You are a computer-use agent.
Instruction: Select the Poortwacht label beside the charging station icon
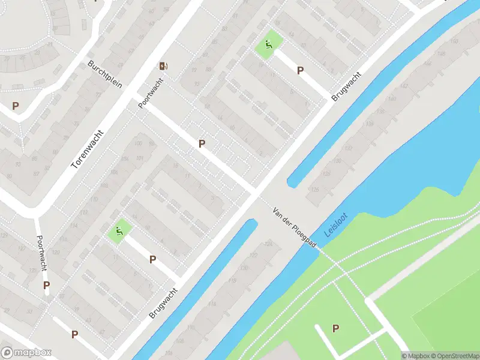[x=151, y=95]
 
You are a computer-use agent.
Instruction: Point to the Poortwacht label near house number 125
[x=40, y=253]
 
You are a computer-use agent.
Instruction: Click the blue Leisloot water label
[x=336, y=224]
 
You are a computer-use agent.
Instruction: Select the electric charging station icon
[x=163, y=65]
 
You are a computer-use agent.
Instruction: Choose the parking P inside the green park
[x=335, y=328]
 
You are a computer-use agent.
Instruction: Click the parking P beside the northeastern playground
[x=300, y=70]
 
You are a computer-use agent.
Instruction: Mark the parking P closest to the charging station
[x=202, y=143]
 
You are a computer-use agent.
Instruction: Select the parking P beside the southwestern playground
[x=153, y=259]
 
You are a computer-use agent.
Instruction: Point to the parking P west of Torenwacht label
[x=16, y=106]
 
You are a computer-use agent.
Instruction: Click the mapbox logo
[x=26, y=353]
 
